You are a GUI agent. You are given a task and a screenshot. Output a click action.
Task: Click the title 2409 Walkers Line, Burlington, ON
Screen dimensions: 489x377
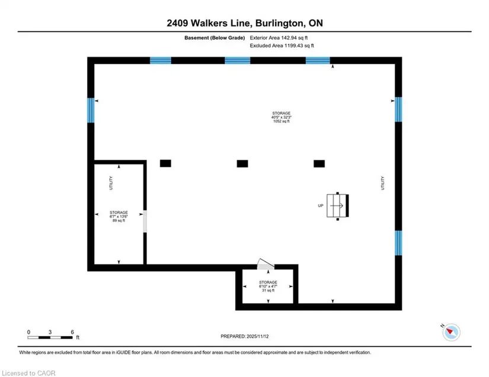(x=245, y=23)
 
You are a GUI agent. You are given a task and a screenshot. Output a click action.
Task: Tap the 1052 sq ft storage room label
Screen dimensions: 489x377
(x=282, y=117)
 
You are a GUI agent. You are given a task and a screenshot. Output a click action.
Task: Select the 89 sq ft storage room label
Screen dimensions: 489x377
(x=119, y=217)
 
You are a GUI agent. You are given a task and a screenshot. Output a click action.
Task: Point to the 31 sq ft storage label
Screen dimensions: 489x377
(x=268, y=286)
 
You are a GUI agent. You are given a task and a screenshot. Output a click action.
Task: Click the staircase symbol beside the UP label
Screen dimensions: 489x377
(x=337, y=205)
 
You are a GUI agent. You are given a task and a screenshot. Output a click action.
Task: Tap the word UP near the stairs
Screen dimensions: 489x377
(x=321, y=205)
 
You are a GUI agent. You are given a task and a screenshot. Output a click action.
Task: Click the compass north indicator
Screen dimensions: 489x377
(x=450, y=331)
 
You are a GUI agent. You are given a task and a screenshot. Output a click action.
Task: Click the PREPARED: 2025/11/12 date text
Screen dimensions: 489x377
(x=244, y=336)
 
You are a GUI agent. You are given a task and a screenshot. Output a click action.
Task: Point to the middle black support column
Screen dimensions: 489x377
(x=242, y=164)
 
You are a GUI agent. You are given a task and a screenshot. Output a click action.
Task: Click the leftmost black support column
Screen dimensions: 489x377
(x=165, y=163)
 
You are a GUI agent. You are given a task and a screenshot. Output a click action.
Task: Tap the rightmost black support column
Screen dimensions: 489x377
(x=319, y=164)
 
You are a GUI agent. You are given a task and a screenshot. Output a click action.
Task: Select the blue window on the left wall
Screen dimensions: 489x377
(x=91, y=110)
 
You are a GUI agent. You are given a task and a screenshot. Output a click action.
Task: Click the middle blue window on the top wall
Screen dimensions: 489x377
(x=237, y=60)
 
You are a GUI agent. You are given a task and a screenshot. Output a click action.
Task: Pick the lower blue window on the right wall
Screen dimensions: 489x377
(x=398, y=243)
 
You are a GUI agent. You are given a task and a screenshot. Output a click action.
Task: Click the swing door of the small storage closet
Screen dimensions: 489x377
(x=266, y=265)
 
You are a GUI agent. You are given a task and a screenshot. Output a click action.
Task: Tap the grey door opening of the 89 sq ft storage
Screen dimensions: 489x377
(x=145, y=221)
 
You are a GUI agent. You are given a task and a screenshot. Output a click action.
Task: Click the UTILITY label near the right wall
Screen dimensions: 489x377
(x=383, y=183)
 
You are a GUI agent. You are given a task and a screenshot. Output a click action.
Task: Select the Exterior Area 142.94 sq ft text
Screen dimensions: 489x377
(x=279, y=38)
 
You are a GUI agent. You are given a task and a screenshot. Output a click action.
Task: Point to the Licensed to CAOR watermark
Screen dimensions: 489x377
(x=28, y=373)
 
